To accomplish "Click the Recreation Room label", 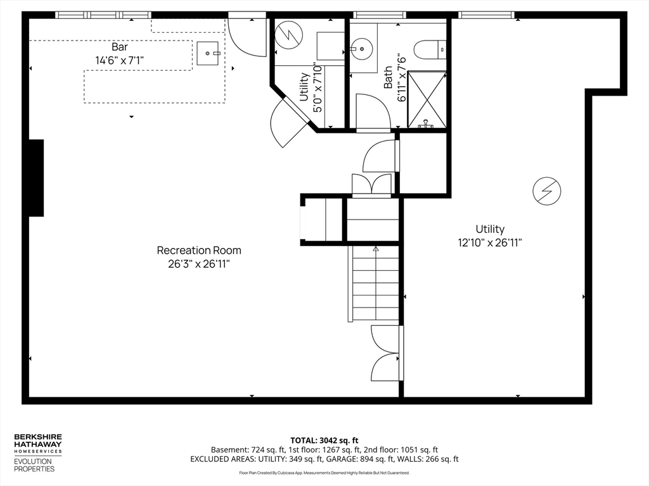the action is click(199, 251).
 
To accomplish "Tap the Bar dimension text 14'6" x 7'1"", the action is click(120, 61).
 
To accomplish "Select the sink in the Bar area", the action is click(208, 53).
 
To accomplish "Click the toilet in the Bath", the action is click(430, 49).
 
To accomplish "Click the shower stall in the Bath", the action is click(427, 99).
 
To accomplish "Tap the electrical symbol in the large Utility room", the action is click(547, 191).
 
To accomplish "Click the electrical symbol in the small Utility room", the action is click(289, 35).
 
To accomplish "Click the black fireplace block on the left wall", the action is click(36, 178).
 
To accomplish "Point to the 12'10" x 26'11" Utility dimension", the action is click(490, 242).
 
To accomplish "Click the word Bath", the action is click(388, 77).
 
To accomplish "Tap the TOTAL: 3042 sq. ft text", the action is click(324, 440).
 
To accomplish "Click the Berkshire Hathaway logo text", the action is click(38, 444).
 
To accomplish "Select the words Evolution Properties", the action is click(34, 465).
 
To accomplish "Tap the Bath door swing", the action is click(373, 111).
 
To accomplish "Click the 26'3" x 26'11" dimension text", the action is click(198, 264).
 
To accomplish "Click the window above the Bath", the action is click(379, 15).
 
